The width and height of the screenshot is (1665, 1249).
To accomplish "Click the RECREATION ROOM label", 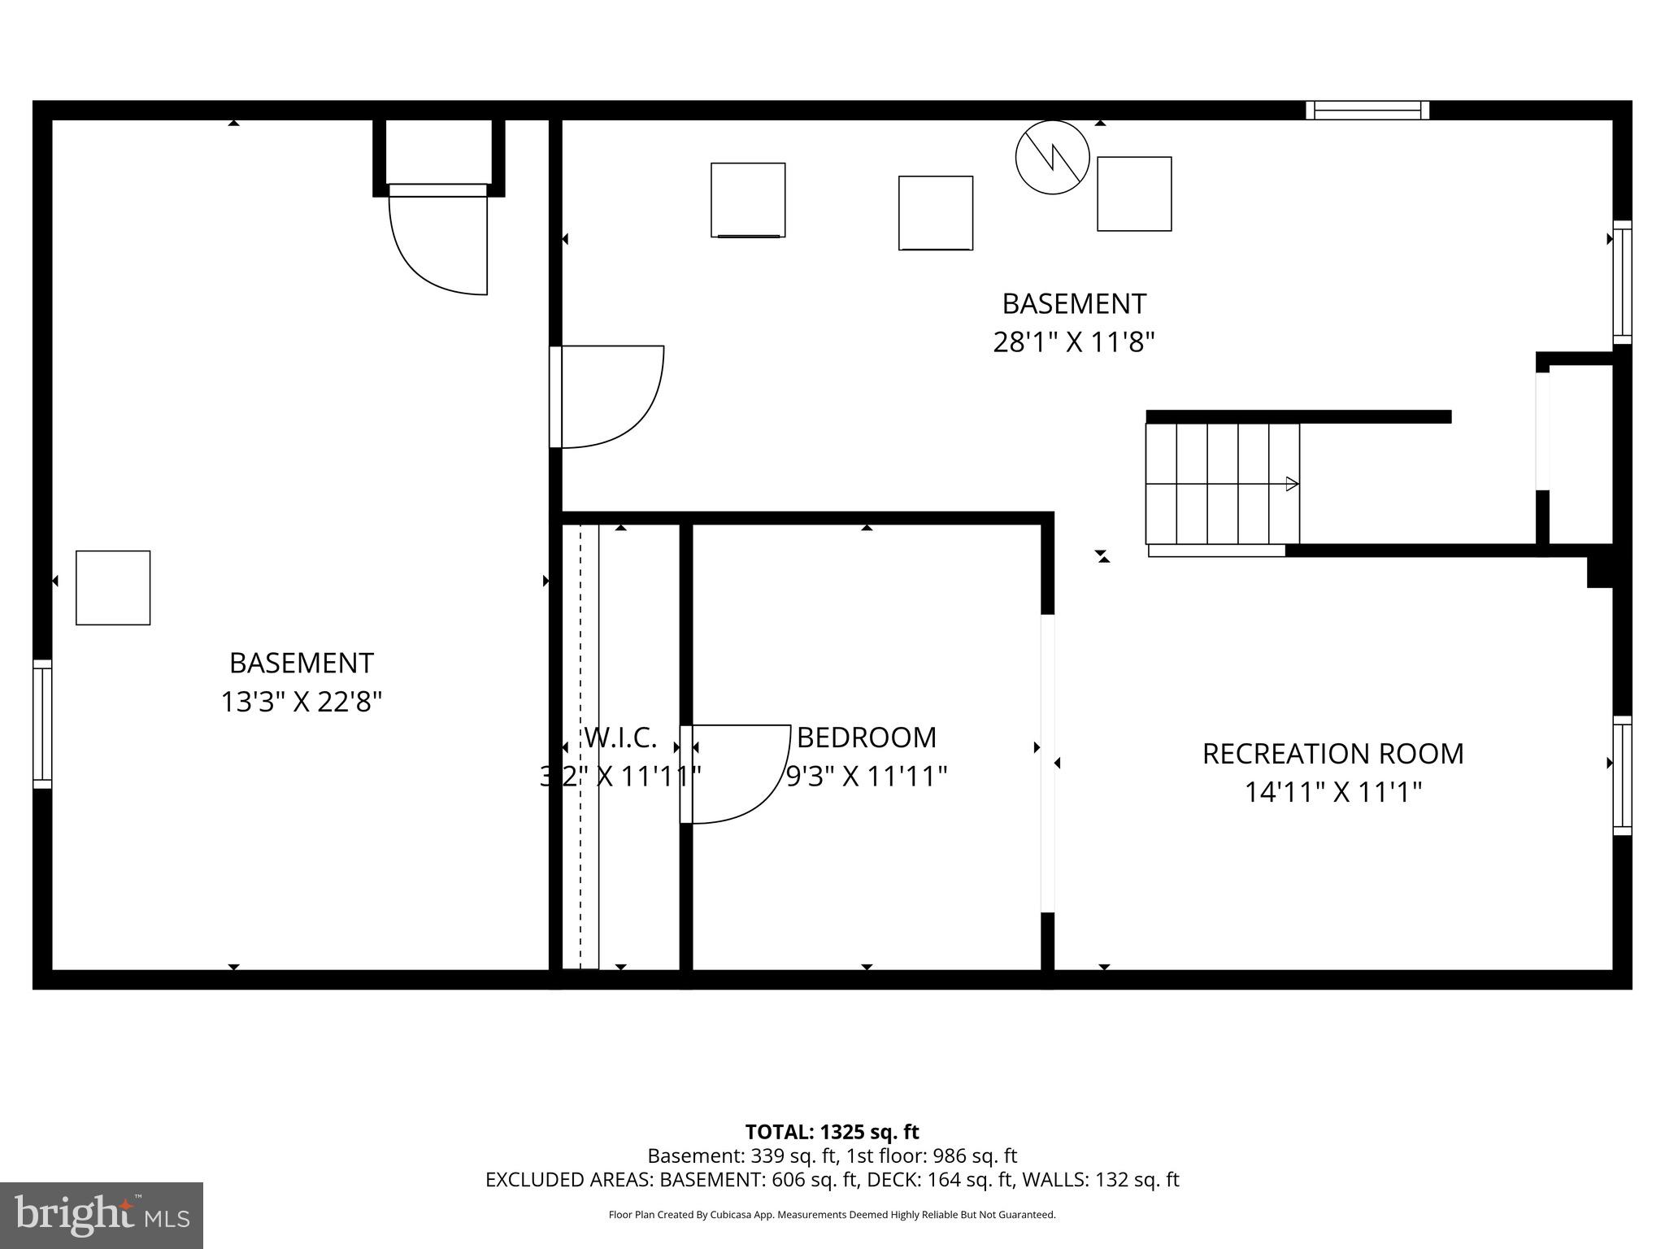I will click(1332, 754).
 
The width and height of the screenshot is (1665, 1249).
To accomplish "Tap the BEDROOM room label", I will click(867, 738).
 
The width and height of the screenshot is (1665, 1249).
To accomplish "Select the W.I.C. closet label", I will click(620, 738).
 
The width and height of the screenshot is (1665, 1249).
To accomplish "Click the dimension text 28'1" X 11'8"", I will click(1073, 342).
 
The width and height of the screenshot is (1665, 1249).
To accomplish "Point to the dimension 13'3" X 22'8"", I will click(301, 701).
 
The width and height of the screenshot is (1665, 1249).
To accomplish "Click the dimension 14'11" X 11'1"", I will click(1332, 792).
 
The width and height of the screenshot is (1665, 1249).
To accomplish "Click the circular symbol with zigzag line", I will click(1052, 158).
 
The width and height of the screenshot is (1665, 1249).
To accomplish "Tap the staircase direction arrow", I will click(1290, 484).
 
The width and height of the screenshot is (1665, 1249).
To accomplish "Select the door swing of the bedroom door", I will click(740, 772).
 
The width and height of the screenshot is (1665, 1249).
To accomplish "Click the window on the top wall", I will click(1367, 111).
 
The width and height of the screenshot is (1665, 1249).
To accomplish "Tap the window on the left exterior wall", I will click(42, 724).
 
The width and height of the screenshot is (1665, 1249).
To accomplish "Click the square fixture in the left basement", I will click(113, 588).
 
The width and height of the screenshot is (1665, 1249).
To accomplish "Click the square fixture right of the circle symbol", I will click(1134, 194).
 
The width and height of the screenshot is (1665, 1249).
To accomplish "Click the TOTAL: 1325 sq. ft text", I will click(832, 1132).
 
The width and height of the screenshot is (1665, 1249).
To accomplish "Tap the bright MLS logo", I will click(102, 1215).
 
